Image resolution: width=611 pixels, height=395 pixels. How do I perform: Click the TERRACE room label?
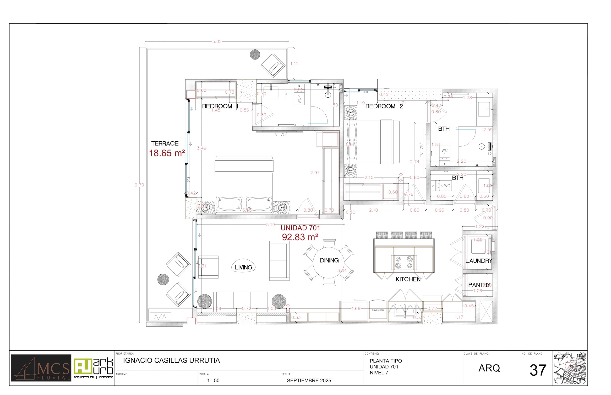pos(164,143)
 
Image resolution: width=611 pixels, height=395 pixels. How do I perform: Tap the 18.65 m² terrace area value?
pos(167,153)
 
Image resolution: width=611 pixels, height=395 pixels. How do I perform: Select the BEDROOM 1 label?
pos(220,106)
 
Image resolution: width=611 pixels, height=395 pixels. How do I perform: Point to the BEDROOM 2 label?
pos(384,106)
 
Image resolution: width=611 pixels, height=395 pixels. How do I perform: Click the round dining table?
pos(329,263)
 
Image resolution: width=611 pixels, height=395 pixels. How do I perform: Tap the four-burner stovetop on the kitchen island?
pos(404,262)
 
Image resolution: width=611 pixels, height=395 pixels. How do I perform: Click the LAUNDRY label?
pos(479,261)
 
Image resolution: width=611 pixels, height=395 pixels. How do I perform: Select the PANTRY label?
pos(479,285)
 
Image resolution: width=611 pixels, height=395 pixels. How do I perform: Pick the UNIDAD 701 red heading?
pos(300,228)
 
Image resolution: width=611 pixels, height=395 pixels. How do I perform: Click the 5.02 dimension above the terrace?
pos(217,42)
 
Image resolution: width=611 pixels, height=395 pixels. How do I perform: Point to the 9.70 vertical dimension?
pos(139,185)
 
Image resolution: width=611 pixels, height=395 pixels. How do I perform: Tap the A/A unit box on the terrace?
pos(160,316)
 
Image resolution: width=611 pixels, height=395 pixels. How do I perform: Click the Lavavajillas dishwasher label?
pos(378,310)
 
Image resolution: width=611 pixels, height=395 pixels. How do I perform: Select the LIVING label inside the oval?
pos(243,267)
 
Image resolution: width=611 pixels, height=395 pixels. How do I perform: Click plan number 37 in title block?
pos(538,370)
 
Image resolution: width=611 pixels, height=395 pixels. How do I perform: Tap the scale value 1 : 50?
pos(213,381)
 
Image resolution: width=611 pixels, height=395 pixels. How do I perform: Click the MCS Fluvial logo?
pos(41,368)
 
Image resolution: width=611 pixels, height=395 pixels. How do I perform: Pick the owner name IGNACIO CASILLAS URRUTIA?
pos(171,360)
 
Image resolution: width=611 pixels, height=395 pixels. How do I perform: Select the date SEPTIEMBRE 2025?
pos(309,381)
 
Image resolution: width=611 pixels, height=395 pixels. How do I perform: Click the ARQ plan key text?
pos(489,368)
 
